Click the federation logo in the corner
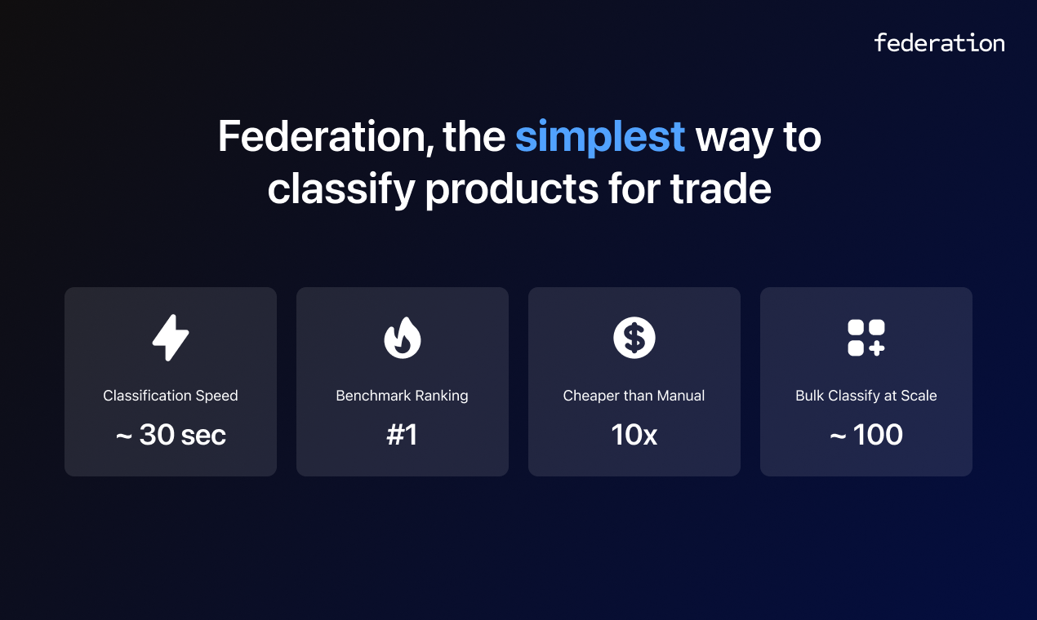coord(939,42)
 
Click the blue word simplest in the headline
coord(599,137)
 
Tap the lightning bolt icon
coord(171,338)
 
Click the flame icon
coord(403,338)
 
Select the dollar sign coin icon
coord(634,338)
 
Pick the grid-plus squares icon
coord(866,338)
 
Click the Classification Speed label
coord(171,396)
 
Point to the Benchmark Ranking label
coord(403,396)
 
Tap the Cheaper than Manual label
coord(634,396)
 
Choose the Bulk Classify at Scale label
coord(866,396)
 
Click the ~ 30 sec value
coord(171,436)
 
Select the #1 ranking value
coord(403,436)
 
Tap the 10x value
coord(634,436)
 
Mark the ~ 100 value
coord(866,436)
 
